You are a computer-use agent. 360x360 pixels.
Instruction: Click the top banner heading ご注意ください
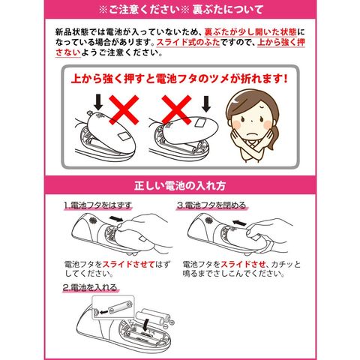click(144, 10)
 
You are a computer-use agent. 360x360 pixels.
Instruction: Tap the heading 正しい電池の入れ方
click(180, 185)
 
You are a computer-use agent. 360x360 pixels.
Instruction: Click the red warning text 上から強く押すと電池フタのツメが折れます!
click(179, 79)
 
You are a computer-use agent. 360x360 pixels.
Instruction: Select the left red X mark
click(124, 109)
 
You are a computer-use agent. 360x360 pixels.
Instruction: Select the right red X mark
click(176, 109)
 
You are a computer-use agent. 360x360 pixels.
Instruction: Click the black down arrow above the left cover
click(98, 102)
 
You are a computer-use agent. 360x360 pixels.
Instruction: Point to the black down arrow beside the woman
click(206, 104)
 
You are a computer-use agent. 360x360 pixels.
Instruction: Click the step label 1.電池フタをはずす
click(97, 205)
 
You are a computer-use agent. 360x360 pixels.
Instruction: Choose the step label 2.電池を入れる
click(90, 287)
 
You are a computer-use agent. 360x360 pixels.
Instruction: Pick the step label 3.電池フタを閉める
click(211, 205)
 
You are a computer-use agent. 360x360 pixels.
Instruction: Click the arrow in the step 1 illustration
click(116, 219)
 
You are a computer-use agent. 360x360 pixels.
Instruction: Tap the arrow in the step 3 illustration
click(239, 222)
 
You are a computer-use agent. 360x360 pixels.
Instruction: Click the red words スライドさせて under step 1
click(128, 265)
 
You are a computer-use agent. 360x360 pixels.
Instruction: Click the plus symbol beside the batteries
click(172, 322)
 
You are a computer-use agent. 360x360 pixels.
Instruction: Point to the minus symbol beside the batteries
click(165, 327)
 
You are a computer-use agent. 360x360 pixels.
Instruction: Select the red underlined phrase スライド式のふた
click(188, 42)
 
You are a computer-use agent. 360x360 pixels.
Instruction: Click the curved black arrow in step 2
click(145, 325)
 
